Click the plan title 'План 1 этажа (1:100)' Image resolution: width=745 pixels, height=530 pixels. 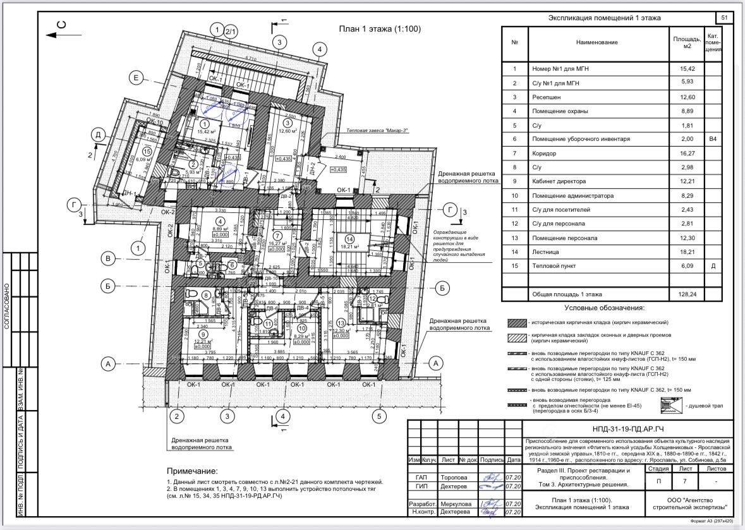pyautogui.click(x=379, y=29)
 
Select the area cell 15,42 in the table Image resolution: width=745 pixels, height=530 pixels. pyautogui.click(x=687, y=69)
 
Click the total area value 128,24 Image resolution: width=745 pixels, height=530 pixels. pyautogui.click(x=687, y=294)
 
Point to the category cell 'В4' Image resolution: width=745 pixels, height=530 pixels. pyautogui.click(x=713, y=139)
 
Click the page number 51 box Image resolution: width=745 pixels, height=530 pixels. pyautogui.click(x=724, y=17)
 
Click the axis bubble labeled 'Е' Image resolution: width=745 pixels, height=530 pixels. pyautogui.click(x=136, y=78)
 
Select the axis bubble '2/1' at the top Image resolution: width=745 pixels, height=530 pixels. pyautogui.click(x=231, y=31)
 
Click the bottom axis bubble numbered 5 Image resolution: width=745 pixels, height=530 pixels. pyautogui.click(x=379, y=416)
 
